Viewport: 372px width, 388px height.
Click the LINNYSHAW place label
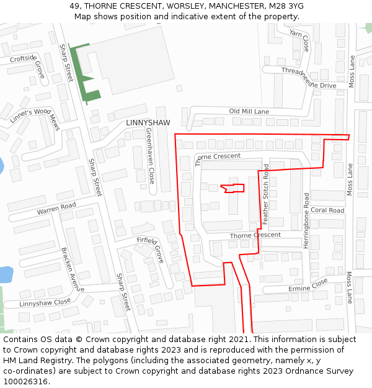coord(148,123)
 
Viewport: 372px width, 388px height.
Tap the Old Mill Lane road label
coord(249,112)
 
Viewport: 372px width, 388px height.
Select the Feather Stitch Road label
coord(265,194)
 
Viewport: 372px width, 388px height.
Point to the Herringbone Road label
coord(306,220)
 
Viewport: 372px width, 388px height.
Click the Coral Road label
coord(327,210)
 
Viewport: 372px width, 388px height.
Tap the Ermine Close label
coord(308,285)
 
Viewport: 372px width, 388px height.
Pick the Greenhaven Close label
coord(150,156)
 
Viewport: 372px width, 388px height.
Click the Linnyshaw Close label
coord(45,303)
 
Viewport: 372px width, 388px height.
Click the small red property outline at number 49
coord(233,188)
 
